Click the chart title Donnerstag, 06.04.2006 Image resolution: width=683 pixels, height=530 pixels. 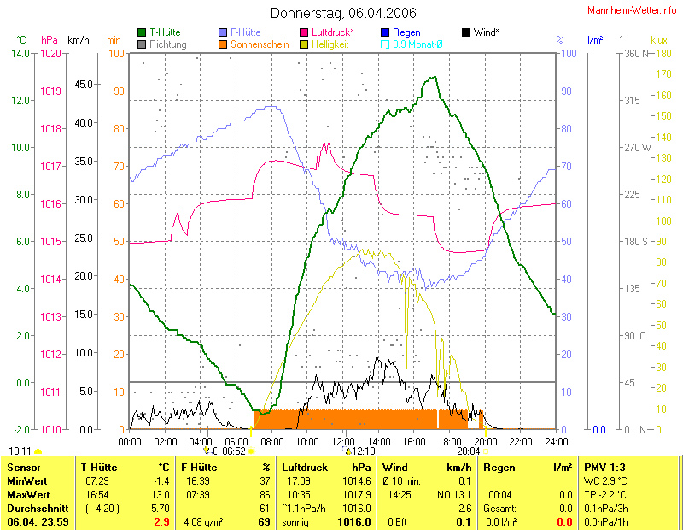(x=343, y=13)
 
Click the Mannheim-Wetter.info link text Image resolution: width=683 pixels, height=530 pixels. (x=633, y=9)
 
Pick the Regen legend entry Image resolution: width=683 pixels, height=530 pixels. (x=405, y=32)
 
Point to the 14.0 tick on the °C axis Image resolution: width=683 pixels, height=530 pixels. (x=19, y=53)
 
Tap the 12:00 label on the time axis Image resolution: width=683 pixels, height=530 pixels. (x=343, y=441)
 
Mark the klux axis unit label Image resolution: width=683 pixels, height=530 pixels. (x=658, y=39)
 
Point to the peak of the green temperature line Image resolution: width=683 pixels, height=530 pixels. (x=435, y=77)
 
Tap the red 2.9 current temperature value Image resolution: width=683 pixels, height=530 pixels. (x=161, y=521)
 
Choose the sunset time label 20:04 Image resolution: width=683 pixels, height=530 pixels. (x=468, y=450)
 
